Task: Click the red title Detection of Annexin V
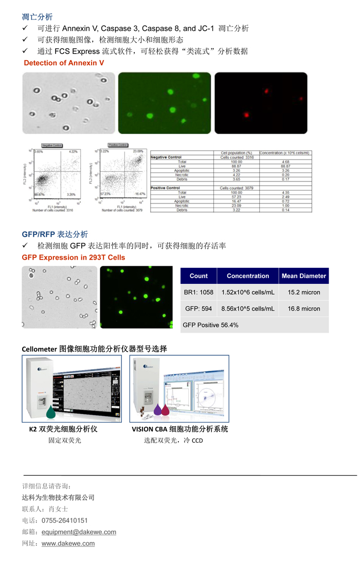(64, 63)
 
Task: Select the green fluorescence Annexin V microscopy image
(164, 103)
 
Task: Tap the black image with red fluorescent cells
(260, 103)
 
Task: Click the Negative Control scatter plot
(56, 175)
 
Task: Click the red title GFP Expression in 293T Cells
(74, 257)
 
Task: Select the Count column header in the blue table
(199, 276)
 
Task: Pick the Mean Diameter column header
(303, 276)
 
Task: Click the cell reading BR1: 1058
(199, 293)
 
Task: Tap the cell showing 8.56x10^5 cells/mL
(247, 309)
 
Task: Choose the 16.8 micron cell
(303, 309)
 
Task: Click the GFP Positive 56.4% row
(211, 325)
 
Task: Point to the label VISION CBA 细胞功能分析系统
(179, 429)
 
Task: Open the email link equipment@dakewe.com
(79, 532)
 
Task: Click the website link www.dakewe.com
(68, 543)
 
